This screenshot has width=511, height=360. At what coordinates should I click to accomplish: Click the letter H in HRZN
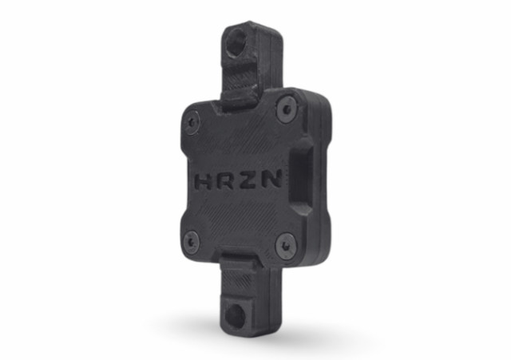point(204,181)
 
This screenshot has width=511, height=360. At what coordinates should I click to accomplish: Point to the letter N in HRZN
point(272,178)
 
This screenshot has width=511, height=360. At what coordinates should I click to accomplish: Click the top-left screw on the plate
point(192,123)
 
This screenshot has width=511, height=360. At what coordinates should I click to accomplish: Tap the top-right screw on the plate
point(287,109)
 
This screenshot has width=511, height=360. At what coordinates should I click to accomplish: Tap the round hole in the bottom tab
point(235,315)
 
